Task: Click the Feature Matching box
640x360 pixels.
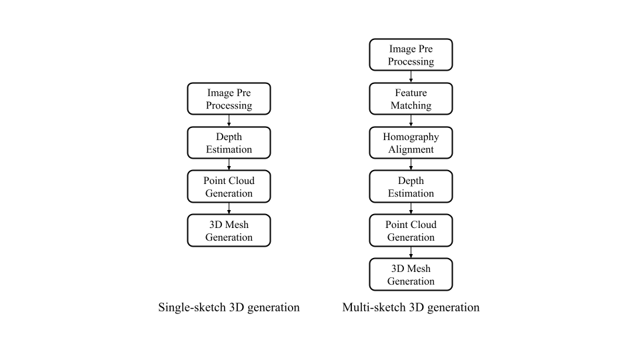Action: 411,99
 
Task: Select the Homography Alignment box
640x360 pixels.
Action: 411,143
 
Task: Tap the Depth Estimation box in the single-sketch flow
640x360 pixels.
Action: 229,143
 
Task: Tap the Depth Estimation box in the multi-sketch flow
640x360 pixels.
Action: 411,187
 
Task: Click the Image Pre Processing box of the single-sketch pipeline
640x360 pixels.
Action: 229,99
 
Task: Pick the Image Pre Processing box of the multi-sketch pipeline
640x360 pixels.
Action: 411,55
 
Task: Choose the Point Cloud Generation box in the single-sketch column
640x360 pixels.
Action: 229,187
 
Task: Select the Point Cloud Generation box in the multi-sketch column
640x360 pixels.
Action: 411,231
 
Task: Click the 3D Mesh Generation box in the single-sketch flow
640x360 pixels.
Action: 229,231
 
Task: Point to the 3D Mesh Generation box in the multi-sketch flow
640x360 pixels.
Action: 411,274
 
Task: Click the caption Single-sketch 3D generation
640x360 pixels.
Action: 229,307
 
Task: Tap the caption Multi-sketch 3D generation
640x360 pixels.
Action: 411,307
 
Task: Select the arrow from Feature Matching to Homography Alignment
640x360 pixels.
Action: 411,121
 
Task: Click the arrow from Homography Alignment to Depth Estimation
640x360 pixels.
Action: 411,165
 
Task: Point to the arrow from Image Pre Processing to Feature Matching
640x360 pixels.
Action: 411,77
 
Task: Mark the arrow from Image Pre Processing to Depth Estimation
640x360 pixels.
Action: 229,121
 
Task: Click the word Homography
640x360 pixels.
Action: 411,137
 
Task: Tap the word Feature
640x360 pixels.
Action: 411,93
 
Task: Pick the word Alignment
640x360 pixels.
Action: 411,150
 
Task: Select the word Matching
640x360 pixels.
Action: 411,106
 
